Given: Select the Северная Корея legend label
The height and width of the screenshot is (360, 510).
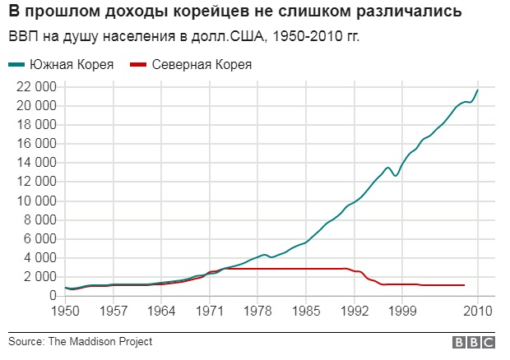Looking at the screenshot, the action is (202, 65).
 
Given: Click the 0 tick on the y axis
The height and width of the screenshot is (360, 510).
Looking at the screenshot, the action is (53, 296).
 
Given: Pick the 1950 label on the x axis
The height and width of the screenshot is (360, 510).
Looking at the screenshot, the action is (65, 311).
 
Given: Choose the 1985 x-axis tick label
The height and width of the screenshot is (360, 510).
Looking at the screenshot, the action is (306, 311).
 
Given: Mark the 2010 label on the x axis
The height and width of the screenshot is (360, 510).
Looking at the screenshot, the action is (478, 311).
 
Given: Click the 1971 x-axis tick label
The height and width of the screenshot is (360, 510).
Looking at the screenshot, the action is (210, 311).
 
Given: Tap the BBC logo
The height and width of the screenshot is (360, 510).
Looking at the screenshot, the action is (474, 343).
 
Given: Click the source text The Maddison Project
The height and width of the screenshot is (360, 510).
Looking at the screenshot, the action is (100, 342).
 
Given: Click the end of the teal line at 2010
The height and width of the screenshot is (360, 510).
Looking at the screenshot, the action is (477, 90).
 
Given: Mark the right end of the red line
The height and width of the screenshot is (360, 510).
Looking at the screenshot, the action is (464, 285).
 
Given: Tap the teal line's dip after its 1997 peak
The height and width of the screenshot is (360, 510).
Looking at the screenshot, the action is (395, 176).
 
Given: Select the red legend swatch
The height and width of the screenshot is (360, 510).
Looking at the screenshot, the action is (138, 65).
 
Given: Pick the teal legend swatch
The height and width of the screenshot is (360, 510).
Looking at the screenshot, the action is (16, 65).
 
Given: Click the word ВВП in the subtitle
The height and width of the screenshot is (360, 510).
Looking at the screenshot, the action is (24, 36).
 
